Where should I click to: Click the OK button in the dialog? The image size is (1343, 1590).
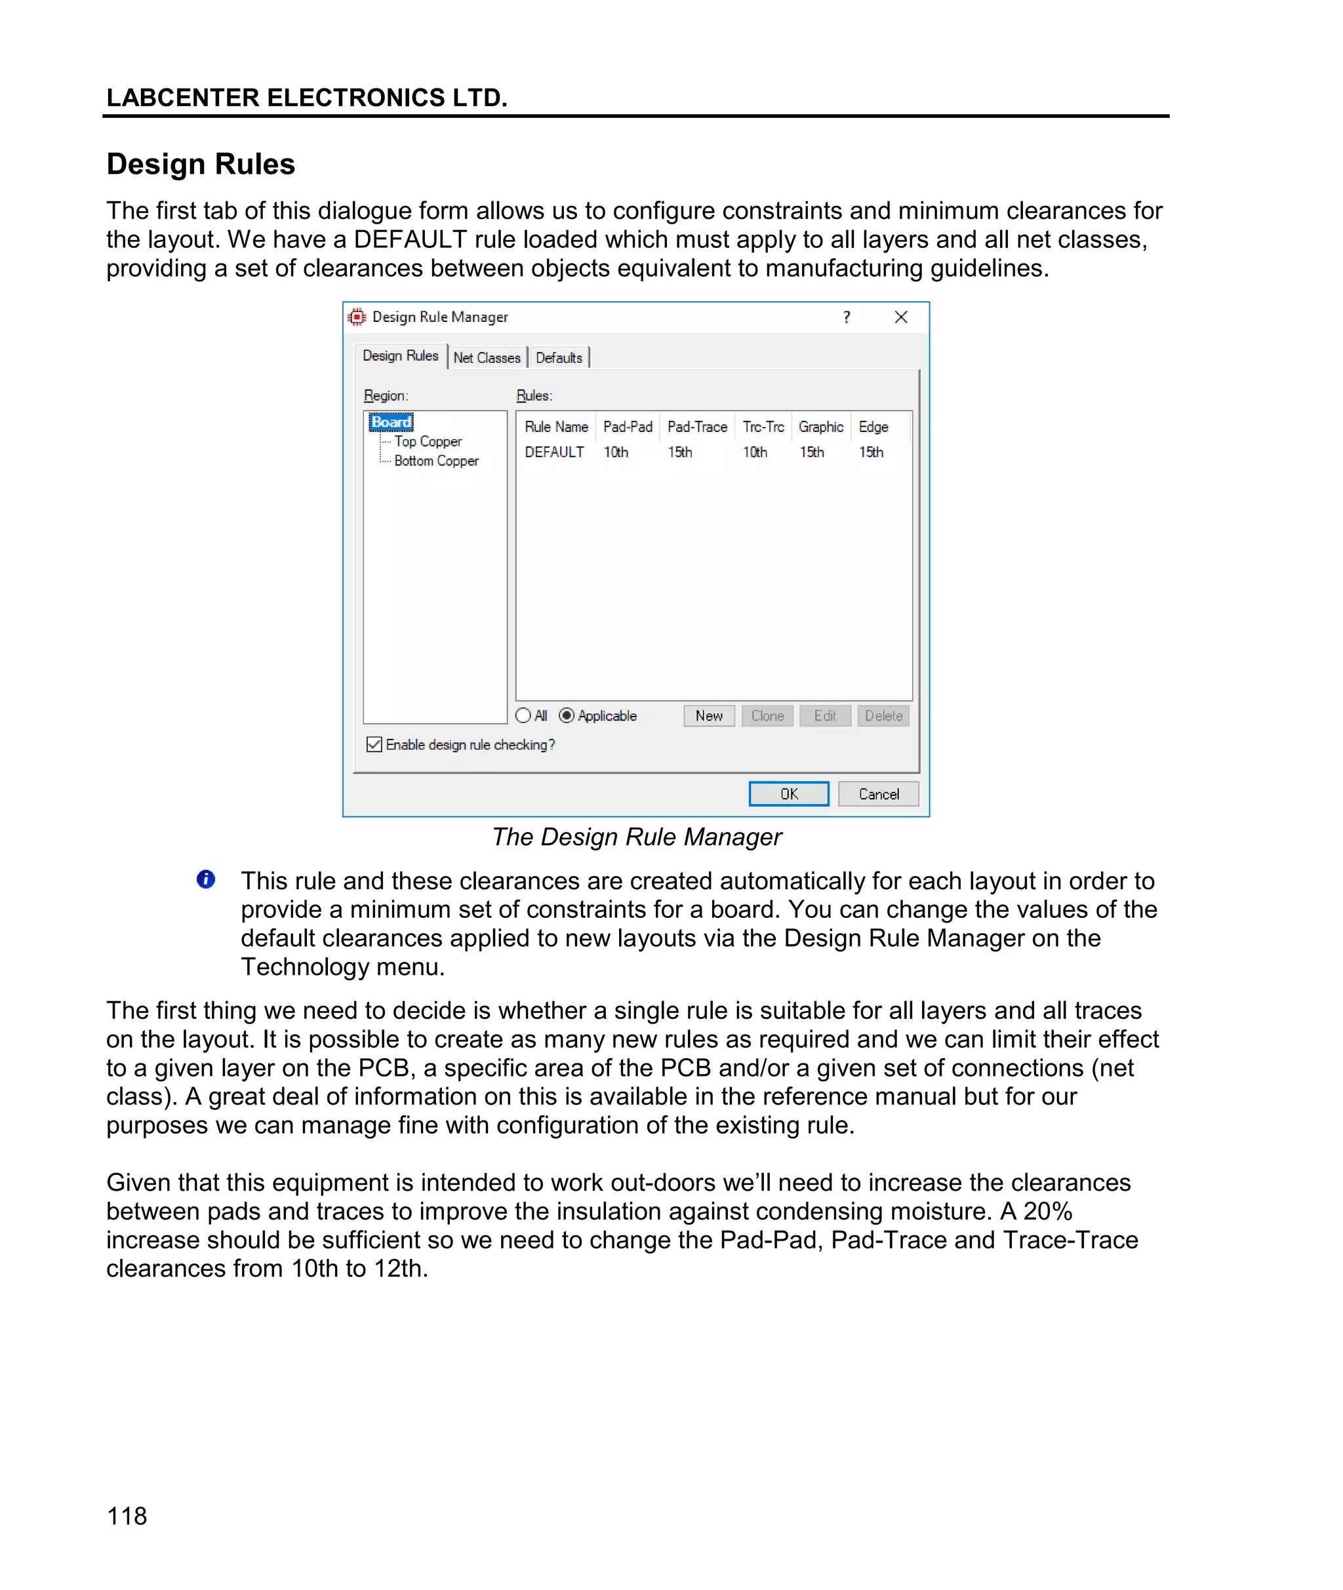(x=788, y=793)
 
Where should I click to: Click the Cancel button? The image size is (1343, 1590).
(x=878, y=793)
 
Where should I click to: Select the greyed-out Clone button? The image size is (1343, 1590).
(x=767, y=715)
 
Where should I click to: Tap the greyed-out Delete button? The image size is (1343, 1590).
(x=883, y=715)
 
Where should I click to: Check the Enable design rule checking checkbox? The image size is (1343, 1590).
(x=374, y=744)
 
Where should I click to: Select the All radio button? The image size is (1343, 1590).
(x=523, y=715)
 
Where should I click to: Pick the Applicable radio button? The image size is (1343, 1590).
(x=567, y=715)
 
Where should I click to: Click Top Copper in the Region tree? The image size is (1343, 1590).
(x=428, y=441)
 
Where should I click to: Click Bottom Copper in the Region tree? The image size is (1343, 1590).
(x=436, y=460)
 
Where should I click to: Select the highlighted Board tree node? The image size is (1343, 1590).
(x=391, y=422)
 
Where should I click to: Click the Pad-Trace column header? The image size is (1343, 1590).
(x=696, y=427)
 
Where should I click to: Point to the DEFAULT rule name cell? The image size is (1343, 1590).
(x=554, y=452)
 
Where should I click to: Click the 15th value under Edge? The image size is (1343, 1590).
(x=871, y=452)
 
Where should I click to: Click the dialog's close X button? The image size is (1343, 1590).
(x=900, y=317)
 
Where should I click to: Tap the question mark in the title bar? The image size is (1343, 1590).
(x=847, y=317)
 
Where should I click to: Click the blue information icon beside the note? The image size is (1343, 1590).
(x=205, y=879)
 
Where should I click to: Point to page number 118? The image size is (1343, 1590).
(x=127, y=1515)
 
